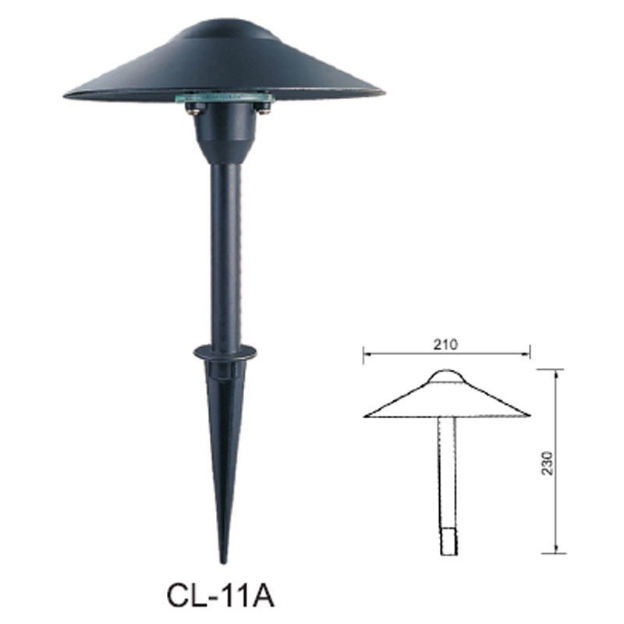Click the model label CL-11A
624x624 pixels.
coord(220,596)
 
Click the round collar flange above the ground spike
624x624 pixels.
coord(225,352)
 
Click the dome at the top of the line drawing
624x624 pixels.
coord(445,377)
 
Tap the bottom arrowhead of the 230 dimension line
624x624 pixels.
coord(555,551)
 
